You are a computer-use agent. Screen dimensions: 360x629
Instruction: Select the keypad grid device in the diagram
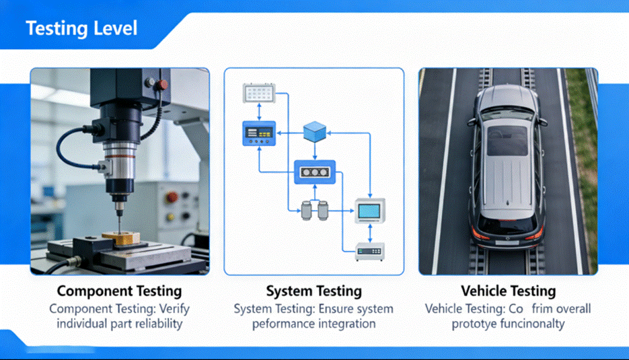coord(259,94)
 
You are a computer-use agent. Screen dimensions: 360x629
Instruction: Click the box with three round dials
coord(314,173)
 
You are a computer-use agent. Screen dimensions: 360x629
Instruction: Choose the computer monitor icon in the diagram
coord(369,211)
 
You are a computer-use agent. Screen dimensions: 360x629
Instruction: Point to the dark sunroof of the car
coord(507,141)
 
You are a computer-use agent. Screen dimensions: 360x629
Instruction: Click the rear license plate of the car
coord(508,236)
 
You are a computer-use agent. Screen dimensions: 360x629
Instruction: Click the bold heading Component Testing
coord(119,291)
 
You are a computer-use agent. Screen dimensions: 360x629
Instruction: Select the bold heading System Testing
coord(313,291)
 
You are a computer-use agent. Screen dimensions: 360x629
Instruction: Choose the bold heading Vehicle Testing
coord(508,291)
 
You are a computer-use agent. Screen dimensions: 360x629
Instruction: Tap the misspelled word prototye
coord(476,324)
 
